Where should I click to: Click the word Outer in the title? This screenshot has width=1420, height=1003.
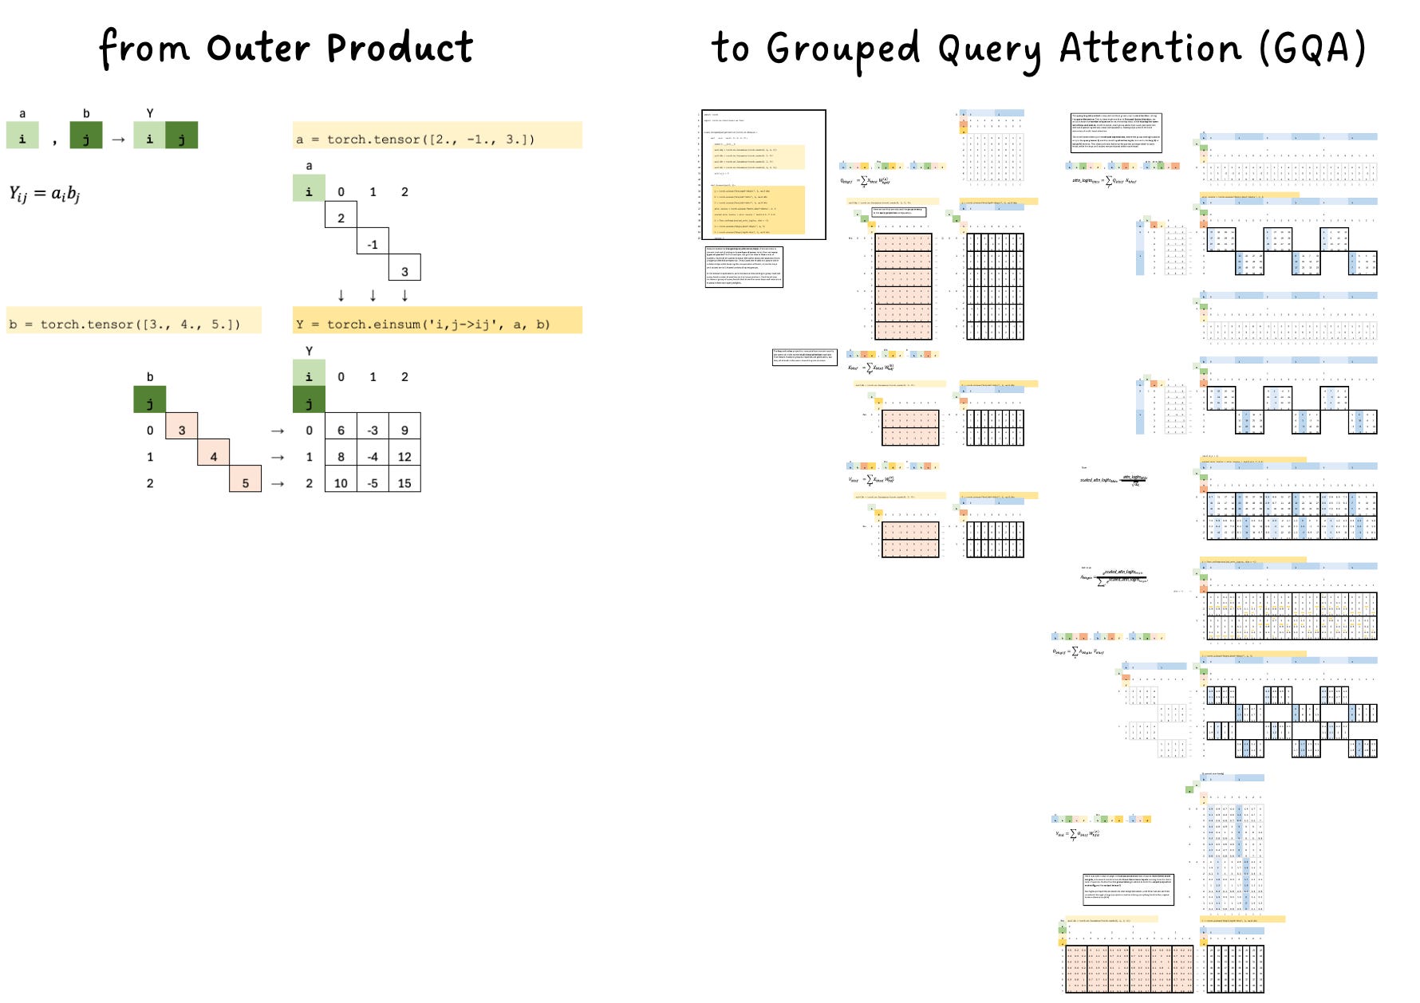(x=258, y=48)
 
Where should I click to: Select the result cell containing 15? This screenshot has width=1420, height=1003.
(x=404, y=482)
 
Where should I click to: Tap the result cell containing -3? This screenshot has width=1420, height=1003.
(x=373, y=430)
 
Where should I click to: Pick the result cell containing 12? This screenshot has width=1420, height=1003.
(x=404, y=456)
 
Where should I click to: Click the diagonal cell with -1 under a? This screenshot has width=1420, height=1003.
(x=373, y=244)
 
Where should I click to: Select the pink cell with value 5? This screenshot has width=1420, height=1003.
(x=245, y=482)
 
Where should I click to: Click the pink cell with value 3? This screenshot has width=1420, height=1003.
(x=182, y=430)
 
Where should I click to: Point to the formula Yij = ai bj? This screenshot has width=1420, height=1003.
(x=45, y=194)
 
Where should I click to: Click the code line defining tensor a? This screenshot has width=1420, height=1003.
(x=415, y=139)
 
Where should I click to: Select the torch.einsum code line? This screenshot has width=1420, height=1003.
(x=423, y=324)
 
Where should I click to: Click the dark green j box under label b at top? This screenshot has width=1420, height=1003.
(x=86, y=138)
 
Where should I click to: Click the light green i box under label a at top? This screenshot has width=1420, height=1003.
(x=22, y=138)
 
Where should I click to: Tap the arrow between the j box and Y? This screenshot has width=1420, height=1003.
(x=118, y=140)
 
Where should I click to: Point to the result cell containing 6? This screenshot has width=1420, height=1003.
(x=341, y=430)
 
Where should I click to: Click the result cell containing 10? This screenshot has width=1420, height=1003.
(x=341, y=482)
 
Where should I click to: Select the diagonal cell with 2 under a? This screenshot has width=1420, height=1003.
(x=341, y=218)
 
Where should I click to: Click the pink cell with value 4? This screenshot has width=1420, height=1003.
(x=213, y=456)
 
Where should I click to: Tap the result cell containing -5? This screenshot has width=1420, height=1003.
(x=373, y=482)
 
